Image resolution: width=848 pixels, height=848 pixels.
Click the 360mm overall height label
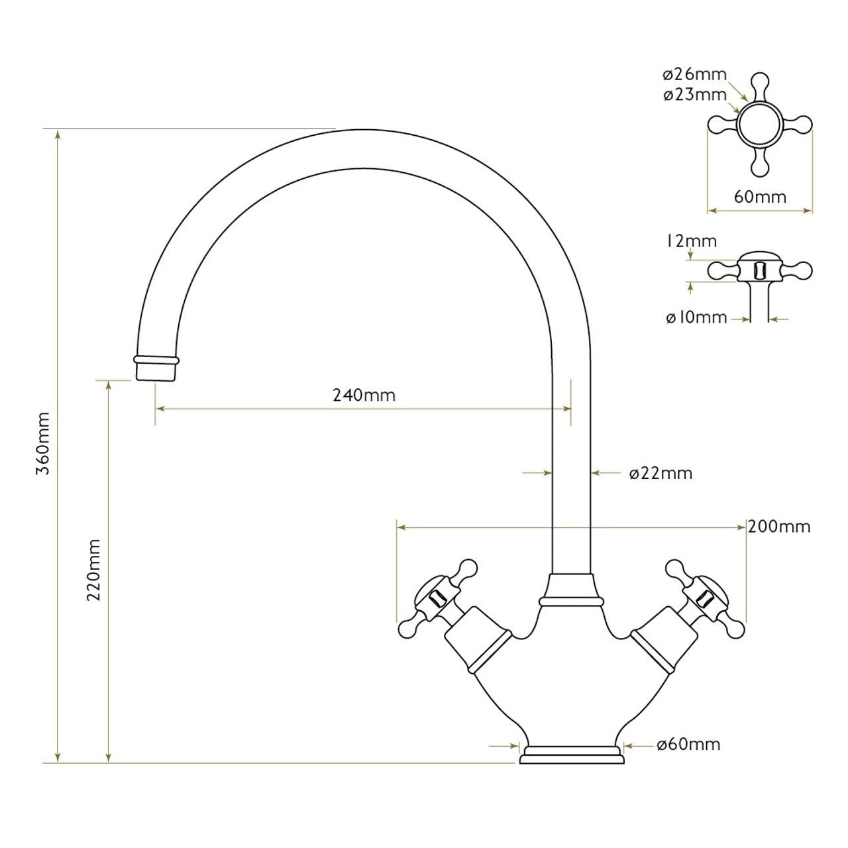[43, 443]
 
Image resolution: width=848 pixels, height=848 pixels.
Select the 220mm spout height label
[94, 569]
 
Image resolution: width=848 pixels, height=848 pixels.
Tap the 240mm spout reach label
[364, 396]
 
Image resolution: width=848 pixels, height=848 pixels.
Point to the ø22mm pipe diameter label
[661, 473]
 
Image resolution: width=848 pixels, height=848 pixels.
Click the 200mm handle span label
[779, 527]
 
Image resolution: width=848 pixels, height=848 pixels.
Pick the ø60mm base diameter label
[688, 745]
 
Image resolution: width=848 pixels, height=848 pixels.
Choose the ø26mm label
[695, 74]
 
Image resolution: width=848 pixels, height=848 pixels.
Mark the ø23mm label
[695, 95]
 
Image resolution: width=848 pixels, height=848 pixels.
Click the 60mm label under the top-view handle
[760, 197]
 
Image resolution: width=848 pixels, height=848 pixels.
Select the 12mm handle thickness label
[691, 241]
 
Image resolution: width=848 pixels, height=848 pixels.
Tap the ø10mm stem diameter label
[696, 318]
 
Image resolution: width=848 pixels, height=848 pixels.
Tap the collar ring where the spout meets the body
[571, 601]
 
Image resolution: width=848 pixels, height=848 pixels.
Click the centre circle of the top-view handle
[760, 124]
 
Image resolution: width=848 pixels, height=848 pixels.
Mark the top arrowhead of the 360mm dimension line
[58, 134]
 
